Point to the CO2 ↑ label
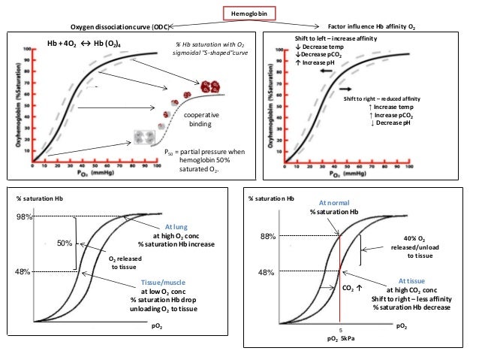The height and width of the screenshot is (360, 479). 351,287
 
